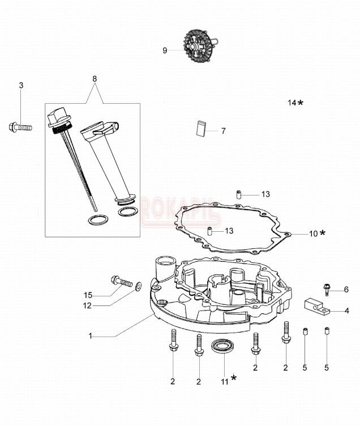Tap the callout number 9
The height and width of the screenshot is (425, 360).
click(165, 50)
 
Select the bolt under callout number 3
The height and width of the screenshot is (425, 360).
click(20, 127)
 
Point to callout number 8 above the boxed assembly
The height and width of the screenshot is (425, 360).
click(95, 79)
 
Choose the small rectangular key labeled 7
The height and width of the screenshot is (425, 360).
click(200, 128)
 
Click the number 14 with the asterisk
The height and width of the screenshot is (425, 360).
click(292, 103)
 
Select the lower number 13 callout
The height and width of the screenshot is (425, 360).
click(229, 231)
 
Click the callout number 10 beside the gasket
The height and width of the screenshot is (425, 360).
click(313, 233)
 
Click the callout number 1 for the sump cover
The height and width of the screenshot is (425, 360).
click(90, 336)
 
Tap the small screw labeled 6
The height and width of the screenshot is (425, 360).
click(327, 289)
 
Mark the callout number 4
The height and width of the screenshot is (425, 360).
click(346, 311)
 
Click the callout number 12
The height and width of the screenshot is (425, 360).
click(87, 306)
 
